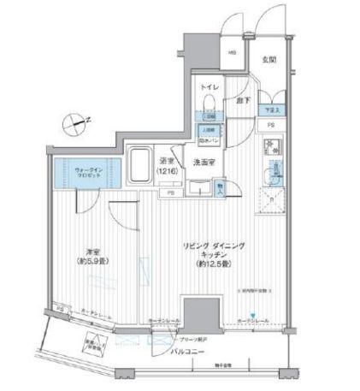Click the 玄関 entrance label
269,58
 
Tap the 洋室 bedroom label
93,252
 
